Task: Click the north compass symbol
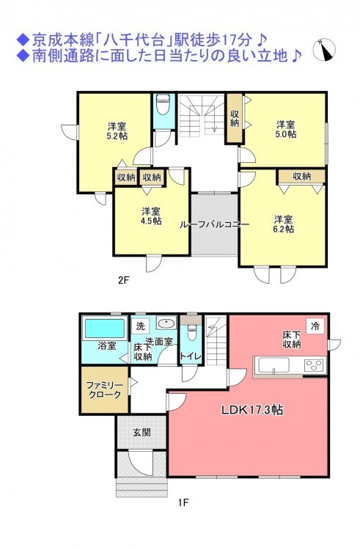tap(324, 49)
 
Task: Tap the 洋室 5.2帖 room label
tap(117, 131)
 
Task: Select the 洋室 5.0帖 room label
tap(286, 129)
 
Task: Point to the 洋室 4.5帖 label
tap(152, 216)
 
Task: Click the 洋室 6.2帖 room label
tap(284, 224)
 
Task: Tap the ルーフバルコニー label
tap(214, 224)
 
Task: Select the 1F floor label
tap(183, 502)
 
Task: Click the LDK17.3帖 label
tap(252, 410)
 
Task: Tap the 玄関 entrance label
tap(142, 432)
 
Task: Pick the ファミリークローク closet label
tap(104, 390)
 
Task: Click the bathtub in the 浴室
tap(105, 329)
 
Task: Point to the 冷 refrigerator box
tap(315, 326)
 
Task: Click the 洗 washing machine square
tap(141, 326)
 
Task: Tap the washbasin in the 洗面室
tap(166, 323)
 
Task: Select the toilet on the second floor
tap(163, 104)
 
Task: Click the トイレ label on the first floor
tap(191, 356)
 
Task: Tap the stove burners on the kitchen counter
tap(315, 365)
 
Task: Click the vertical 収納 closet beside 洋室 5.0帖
tap(234, 118)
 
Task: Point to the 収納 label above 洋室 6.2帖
tap(302, 176)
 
